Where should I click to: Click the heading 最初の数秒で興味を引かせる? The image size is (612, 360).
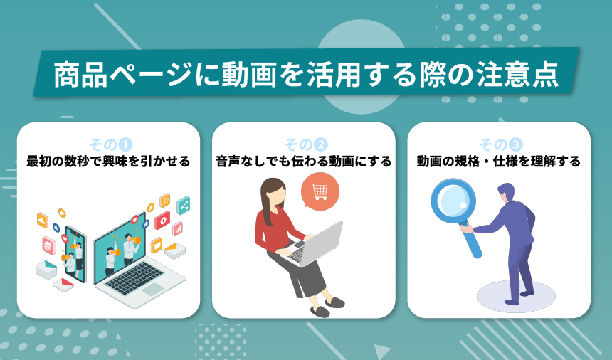click(x=108, y=162)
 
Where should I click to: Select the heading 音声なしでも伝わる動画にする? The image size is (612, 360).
click(x=304, y=162)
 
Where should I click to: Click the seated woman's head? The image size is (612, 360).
click(x=274, y=194)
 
